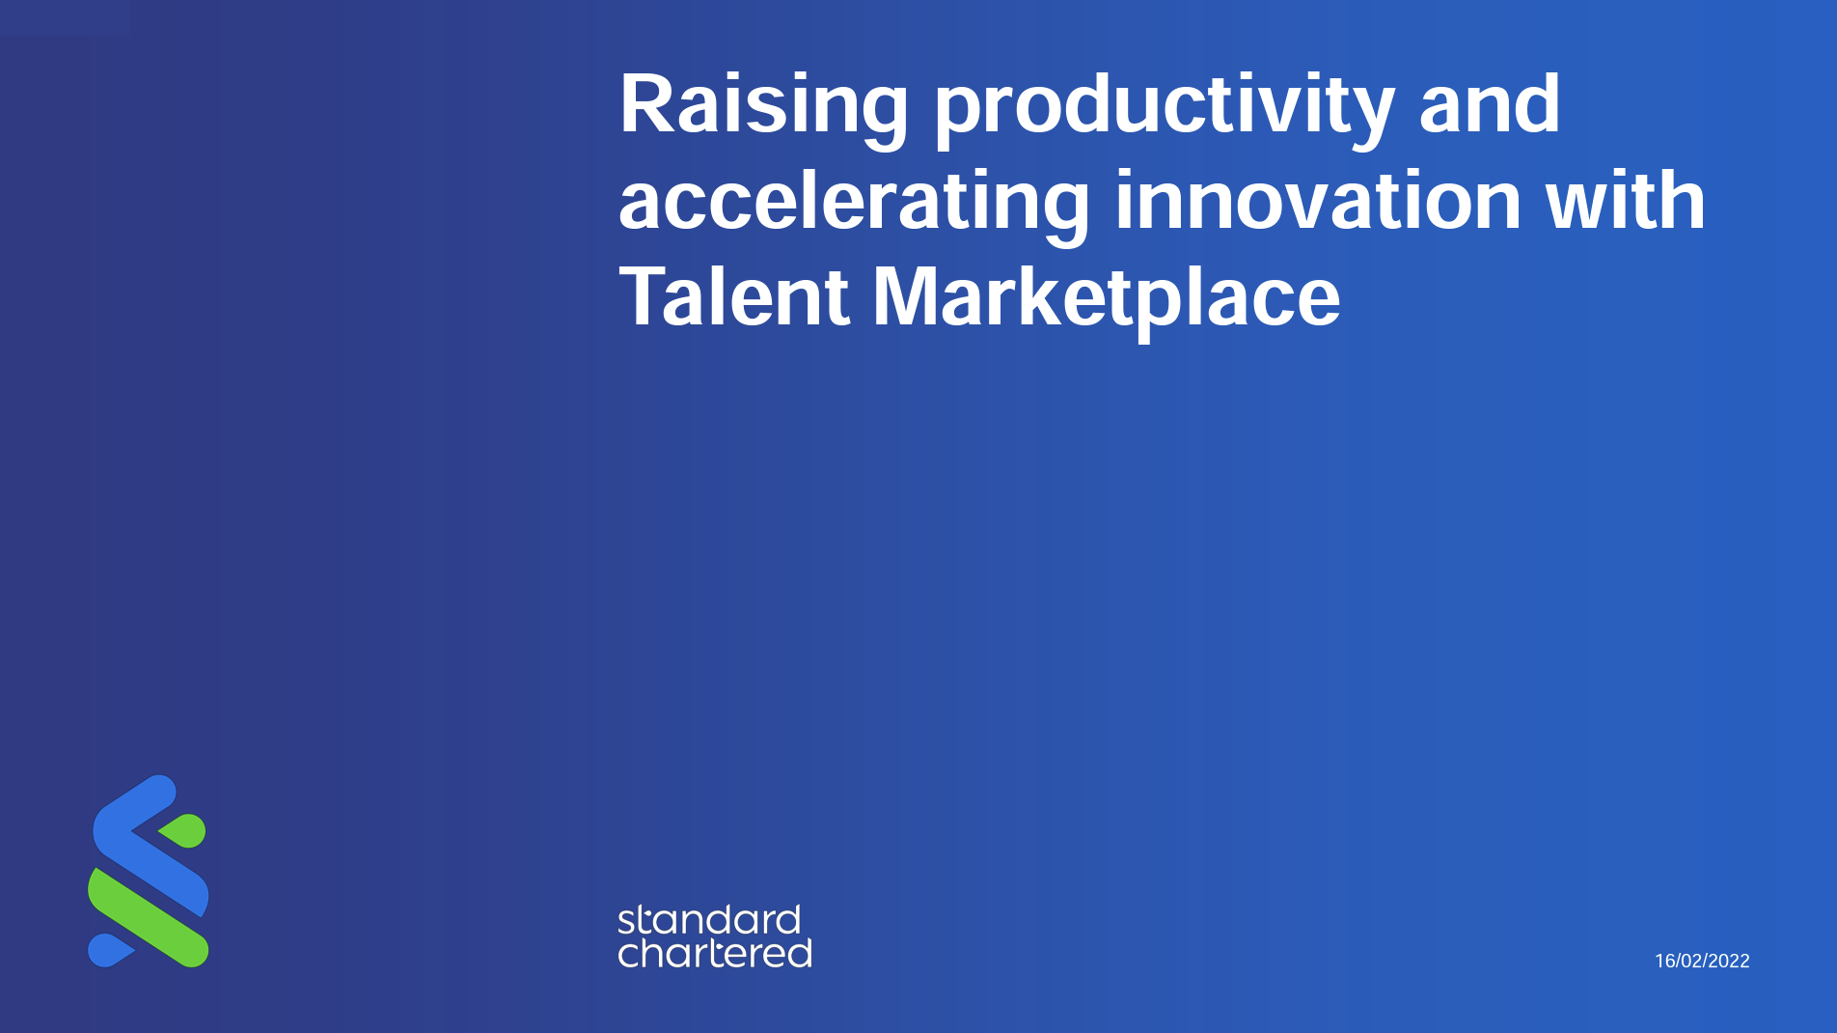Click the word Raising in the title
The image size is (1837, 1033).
[763, 105]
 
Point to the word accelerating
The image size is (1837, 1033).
[853, 202]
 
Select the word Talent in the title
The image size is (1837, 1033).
[733, 296]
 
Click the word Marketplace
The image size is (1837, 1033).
[1106, 296]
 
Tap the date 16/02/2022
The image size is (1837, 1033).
[1702, 961]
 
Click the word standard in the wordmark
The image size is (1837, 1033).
[709, 920]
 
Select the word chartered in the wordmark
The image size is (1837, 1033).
[714, 953]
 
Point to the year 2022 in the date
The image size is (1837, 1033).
[1728, 961]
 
